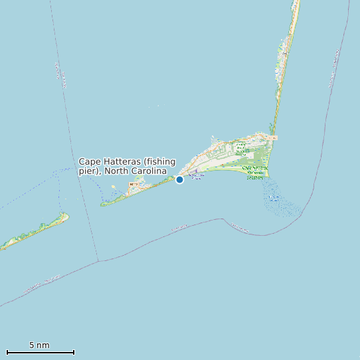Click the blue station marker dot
click(179, 179)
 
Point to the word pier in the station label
click(88, 171)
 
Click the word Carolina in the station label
click(149, 171)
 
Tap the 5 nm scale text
click(39, 345)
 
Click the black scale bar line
click(40, 352)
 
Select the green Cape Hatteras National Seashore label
click(256, 172)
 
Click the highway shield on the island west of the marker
click(133, 184)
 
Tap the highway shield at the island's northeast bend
click(274, 137)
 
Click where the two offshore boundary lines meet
click(98, 261)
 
